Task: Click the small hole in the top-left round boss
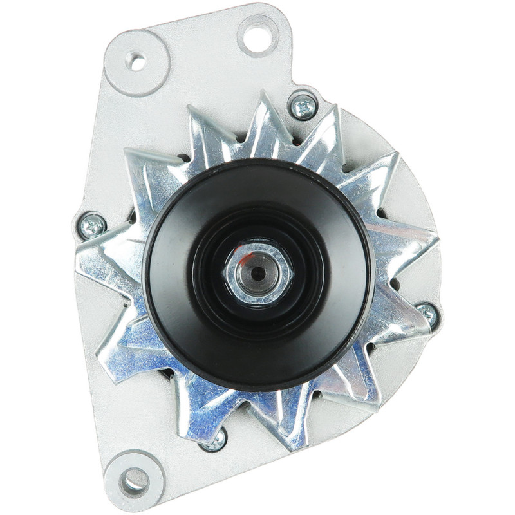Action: (x=136, y=62)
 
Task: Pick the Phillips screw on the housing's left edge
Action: (x=91, y=226)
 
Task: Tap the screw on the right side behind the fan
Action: (x=427, y=314)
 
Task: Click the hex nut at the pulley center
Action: (x=258, y=273)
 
